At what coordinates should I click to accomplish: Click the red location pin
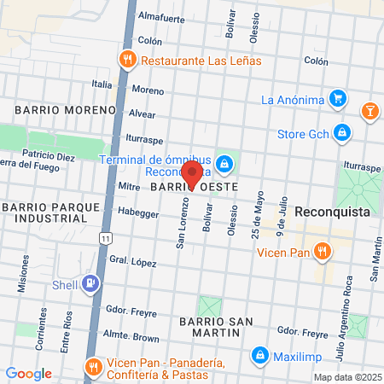tap(192, 173)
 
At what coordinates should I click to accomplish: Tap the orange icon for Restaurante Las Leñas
tap(128, 61)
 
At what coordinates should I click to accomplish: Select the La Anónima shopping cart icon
tap(339, 100)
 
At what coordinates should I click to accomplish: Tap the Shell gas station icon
tap(89, 284)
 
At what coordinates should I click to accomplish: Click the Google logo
tap(28, 374)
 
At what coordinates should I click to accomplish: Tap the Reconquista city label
tap(336, 211)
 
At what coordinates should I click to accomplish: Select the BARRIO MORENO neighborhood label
tap(64, 110)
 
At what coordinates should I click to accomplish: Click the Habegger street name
tap(139, 212)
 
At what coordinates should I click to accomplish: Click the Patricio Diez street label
tap(49, 156)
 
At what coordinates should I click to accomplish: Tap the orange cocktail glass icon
tap(371, 109)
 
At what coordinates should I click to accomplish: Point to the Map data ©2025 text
tap(346, 376)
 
